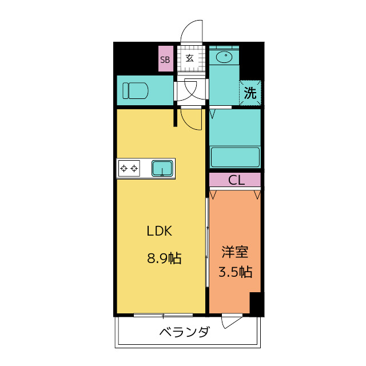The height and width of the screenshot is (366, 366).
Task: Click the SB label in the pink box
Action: tap(165, 60)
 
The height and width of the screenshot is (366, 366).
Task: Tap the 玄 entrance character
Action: tap(189, 58)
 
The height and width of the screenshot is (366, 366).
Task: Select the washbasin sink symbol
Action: tap(224, 57)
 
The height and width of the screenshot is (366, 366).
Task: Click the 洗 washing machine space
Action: tap(250, 93)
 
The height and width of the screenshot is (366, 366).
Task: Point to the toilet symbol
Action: tap(136, 90)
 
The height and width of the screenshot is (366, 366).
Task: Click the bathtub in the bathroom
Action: tap(235, 157)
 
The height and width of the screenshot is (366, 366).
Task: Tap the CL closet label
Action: tap(236, 180)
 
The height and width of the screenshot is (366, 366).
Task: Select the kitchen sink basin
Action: tap(162, 168)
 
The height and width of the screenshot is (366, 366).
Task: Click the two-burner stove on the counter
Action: tap(129, 168)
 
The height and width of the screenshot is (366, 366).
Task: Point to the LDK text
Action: tap(160, 231)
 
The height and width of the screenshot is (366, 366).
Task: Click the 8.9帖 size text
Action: tap(164, 258)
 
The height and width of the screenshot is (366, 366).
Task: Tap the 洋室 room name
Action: tap(235, 252)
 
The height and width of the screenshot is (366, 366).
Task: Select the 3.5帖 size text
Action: tap(235, 272)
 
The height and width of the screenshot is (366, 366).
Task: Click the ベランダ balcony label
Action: tap(184, 332)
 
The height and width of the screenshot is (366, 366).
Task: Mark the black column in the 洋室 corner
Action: tap(257, 304)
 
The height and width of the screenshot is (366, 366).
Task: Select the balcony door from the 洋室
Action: tap(232, 320)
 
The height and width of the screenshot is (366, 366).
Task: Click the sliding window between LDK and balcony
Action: tap(163, 315)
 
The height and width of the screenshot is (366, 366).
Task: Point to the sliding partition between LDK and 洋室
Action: tap(207, 242)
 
